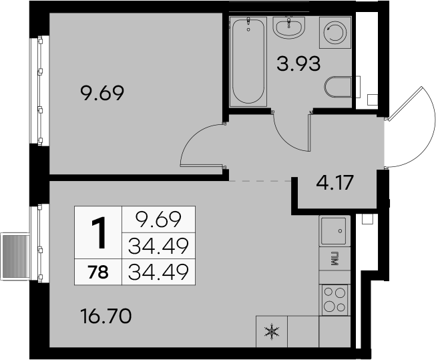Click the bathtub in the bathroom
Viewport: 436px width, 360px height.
click(248, 61)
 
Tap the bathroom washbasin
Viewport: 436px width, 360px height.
click(289, 27)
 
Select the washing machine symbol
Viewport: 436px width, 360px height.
click(335, 33)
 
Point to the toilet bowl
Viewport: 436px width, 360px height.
click(338, 87)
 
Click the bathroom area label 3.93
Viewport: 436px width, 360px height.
click(298, 63)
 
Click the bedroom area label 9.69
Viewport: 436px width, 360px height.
click(101, 94)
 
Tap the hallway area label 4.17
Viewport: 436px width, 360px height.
click(335, 182)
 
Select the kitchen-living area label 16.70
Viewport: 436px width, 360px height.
click(105, 317)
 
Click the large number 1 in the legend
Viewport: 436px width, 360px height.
click(98, 233)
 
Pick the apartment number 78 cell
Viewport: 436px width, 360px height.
click(98, 272)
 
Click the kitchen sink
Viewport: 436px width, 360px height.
click(334, 231)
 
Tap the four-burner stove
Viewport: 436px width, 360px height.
click(335, 300)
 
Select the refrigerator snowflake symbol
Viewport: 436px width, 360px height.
click(272, 332)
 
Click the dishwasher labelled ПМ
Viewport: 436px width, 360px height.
click(335, 258)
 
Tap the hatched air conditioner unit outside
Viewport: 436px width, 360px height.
click(15, 256)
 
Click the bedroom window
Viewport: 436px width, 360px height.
click(39, 90)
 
